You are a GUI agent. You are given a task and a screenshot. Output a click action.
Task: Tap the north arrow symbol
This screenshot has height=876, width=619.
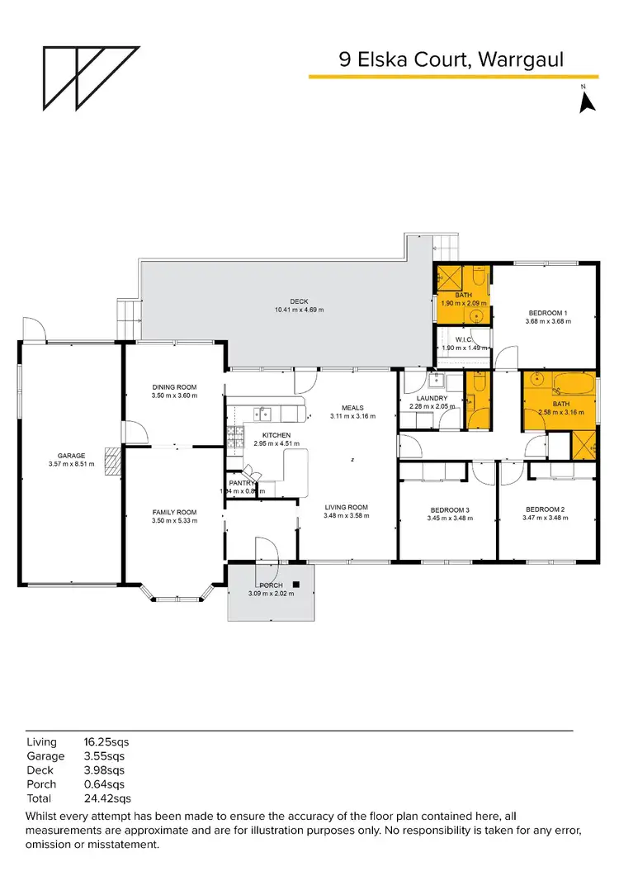pyautogui.click(x=587, y=101)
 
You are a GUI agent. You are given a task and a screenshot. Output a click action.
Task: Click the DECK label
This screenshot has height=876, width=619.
pyautogui.click(x=298, y=301)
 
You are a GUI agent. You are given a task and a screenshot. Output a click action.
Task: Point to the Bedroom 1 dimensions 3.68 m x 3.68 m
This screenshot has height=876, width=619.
pyautogui.click(x=547, y=322)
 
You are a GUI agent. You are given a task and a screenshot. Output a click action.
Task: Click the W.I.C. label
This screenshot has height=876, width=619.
pyautogui.click(x=463, y=338)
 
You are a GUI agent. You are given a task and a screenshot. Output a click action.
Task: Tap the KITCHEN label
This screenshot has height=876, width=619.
pyautogui.click(x=275, y=434)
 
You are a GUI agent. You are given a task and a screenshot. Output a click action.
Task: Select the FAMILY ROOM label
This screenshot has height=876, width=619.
pyautogui.click(x=173, y=512)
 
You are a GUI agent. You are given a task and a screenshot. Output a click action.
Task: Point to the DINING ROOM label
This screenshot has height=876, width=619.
pyautogui.click(x=173, y=386)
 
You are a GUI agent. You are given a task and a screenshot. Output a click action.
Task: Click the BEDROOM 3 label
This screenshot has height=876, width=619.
pyautogui.click(x=447, y=509)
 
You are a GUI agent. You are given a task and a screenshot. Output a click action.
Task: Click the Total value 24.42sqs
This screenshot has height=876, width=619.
pyautogui.click(x=105, y=798)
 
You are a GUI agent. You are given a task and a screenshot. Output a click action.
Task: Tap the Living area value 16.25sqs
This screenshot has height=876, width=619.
pyautogui.click(x=105, y=742)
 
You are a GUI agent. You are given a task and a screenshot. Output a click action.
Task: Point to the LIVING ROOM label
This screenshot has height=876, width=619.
pyautogui.click(x=346, y=507)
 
